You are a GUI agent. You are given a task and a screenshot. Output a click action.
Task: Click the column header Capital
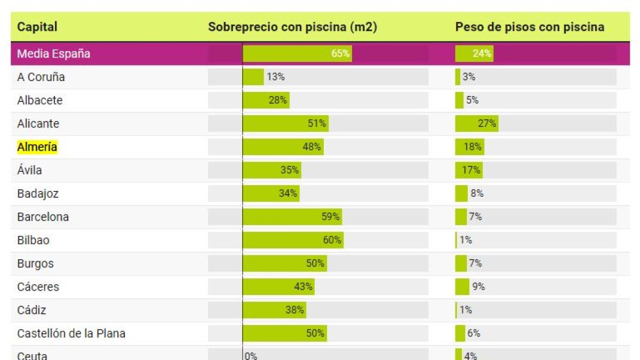pos(37,27)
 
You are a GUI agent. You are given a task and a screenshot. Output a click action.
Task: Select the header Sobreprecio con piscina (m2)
pos(292,27)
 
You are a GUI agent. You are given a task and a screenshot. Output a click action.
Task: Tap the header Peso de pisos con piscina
pos(529,27)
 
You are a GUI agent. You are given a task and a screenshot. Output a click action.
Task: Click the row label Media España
pos(53,54)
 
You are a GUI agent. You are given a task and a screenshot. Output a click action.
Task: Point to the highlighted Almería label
pos(37,147)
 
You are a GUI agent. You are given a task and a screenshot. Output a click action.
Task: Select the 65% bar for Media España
pos(297,54)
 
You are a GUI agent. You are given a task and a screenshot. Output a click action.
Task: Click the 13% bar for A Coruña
pos(253,77)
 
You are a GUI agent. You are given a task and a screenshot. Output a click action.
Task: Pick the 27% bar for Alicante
pos(476,124)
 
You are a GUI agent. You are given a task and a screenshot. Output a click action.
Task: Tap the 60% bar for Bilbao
pos(293,240)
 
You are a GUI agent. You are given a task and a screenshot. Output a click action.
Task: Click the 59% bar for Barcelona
pos(292,217)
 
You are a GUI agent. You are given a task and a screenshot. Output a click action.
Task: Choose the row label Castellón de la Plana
pos(71,333)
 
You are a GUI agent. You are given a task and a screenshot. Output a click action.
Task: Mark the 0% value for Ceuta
pos(251,356)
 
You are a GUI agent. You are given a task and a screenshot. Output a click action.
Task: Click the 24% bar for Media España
pos(474,54)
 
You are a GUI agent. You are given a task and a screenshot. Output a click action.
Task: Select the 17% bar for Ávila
pos(469,171)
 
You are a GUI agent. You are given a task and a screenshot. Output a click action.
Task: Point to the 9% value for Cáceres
pos(478,287)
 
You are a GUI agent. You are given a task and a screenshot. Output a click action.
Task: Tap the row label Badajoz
pos(37,194)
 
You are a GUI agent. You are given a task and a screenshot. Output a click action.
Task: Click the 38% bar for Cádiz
pos(274,310)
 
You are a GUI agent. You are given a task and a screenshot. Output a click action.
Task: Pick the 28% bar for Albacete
pos(266,100)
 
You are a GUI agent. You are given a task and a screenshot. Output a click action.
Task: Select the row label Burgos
pos(35,263)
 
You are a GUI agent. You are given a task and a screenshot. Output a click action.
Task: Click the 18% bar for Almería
pos(469,147)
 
